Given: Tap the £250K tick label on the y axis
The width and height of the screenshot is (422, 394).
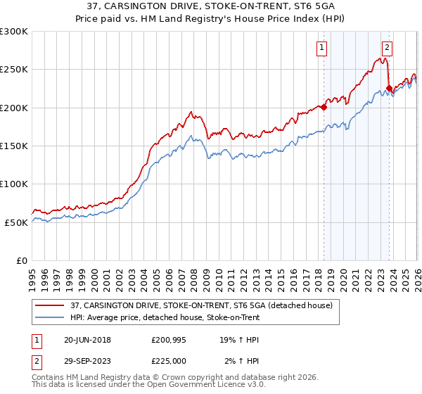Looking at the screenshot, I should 13,70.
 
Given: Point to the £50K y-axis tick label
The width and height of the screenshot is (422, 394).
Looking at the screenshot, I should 15,222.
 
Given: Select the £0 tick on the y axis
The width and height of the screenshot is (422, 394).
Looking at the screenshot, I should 21,260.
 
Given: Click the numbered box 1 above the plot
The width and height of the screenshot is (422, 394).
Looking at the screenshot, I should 321,48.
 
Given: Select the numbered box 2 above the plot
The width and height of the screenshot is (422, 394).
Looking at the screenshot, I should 387,48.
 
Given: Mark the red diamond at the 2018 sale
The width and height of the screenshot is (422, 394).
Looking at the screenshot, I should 324,108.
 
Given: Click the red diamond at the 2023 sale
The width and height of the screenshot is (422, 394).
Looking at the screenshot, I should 389,89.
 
